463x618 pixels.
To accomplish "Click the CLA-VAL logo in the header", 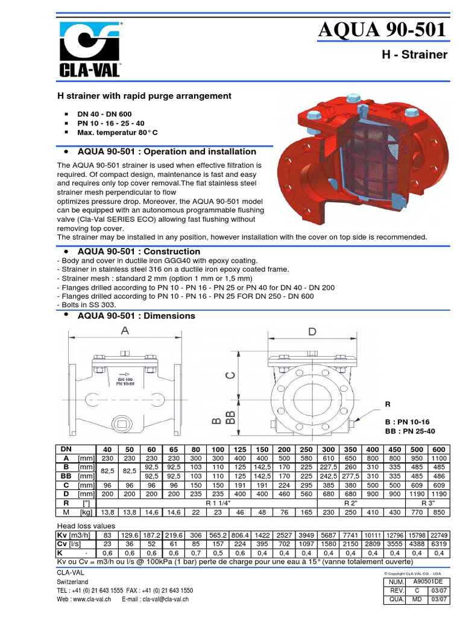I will (89, 50).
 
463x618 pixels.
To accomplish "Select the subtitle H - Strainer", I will (415, 55).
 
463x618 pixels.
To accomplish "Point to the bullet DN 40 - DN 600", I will (104, 114).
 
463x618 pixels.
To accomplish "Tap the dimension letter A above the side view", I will (125, 331).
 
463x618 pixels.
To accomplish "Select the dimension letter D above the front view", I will (312, 331).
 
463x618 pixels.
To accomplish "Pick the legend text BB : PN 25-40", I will (409, 431).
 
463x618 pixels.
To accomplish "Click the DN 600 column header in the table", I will (438, 450).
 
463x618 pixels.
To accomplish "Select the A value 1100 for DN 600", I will (438, 458).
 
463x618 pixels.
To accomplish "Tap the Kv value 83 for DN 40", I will (108, 535).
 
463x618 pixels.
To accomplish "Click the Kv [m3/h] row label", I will (72, 535).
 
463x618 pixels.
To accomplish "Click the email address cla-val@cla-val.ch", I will (164, 599).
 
